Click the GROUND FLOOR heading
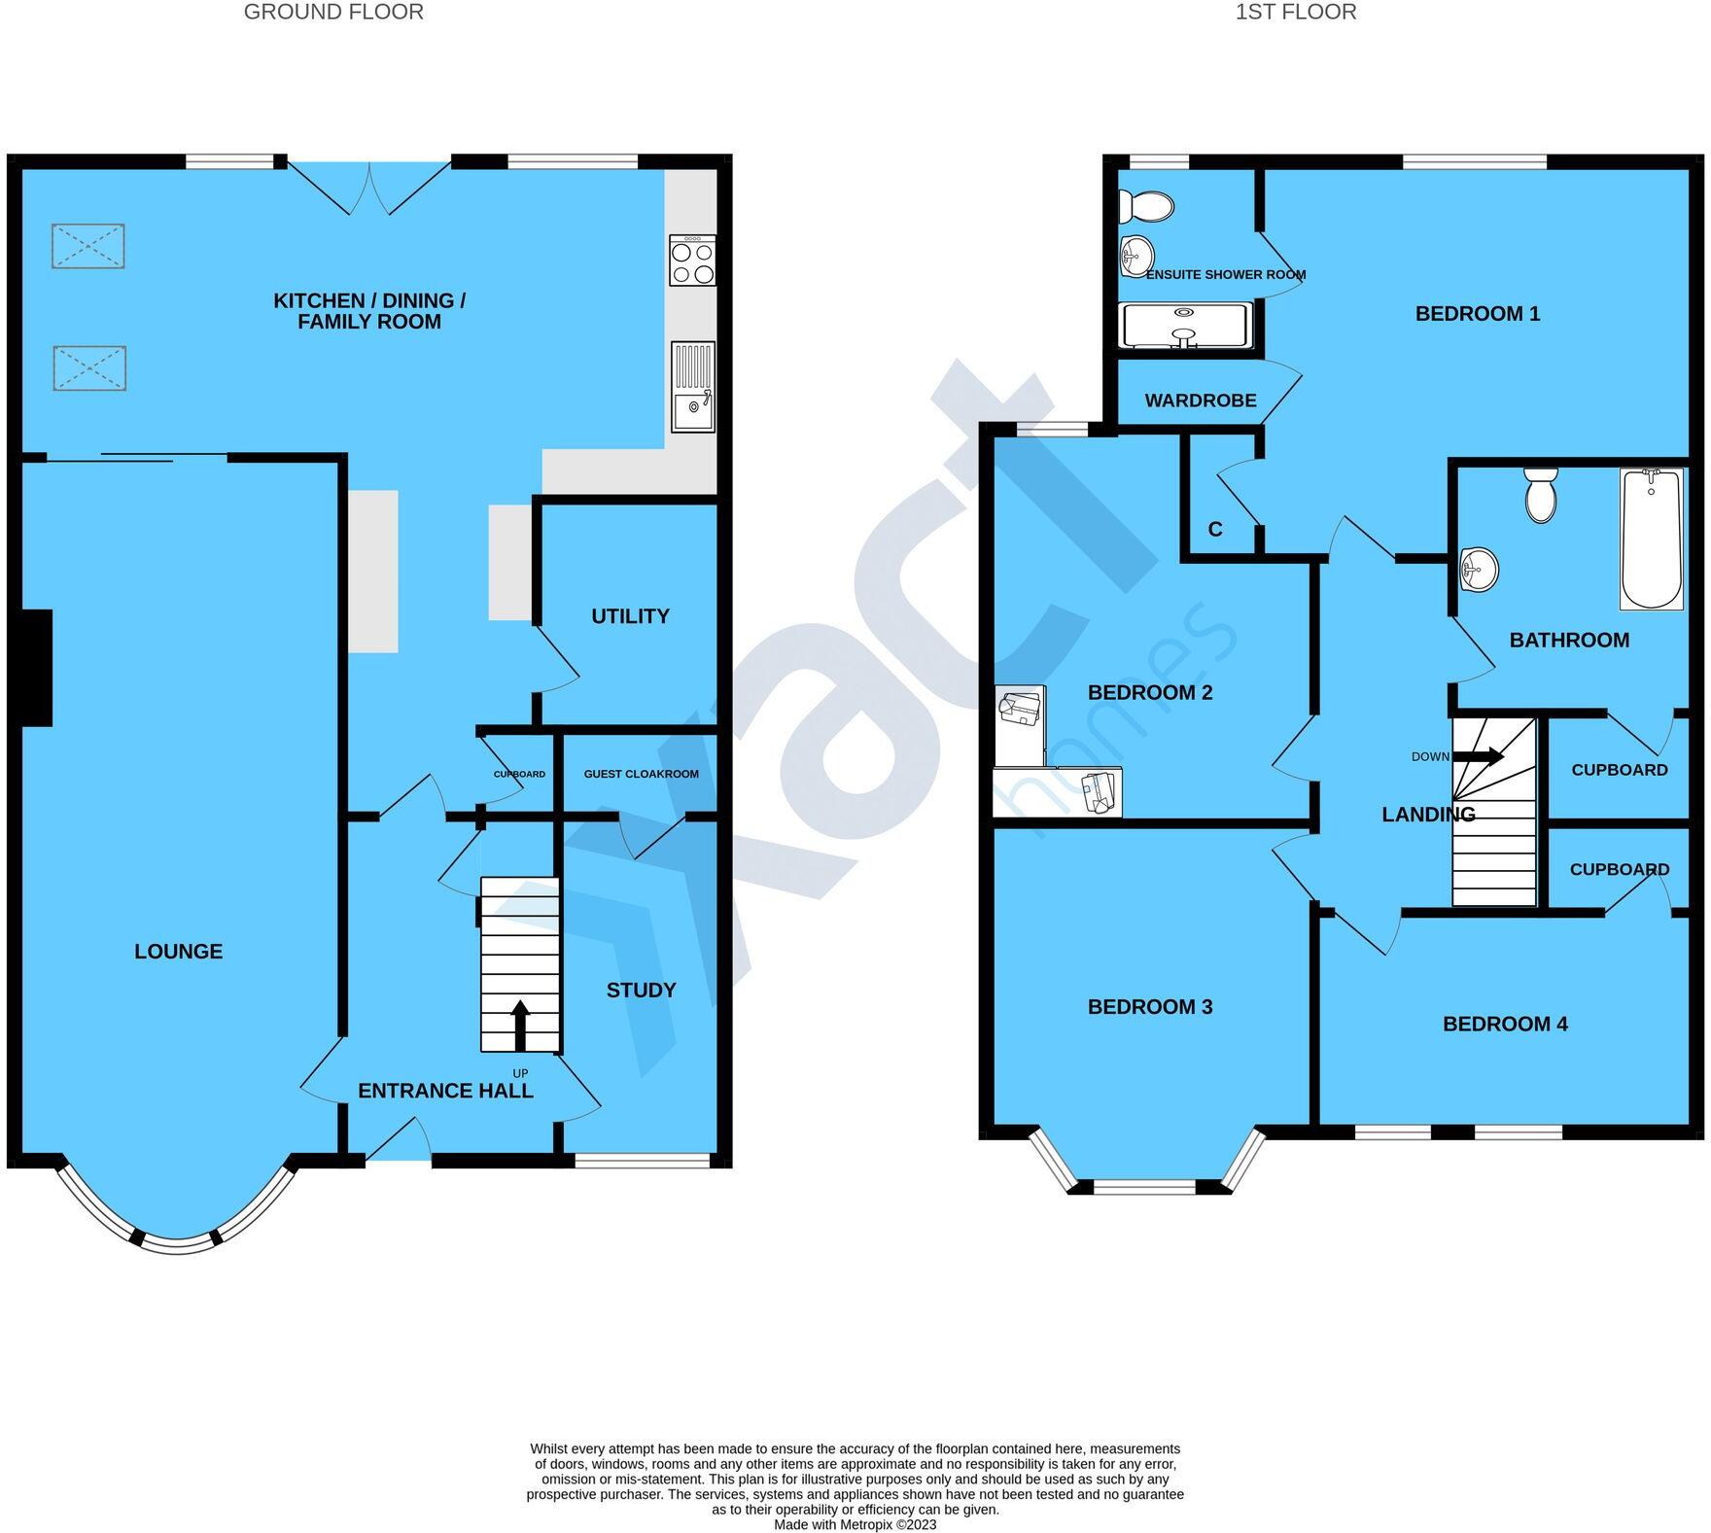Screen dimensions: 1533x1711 pyautogui.click(x=333, y=13)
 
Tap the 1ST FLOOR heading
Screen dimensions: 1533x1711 pyautogui.click(x=1296, y=13)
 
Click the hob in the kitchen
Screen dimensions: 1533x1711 pyautogui.click(x=692, y=261)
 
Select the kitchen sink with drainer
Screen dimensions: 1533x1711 pyautogui.click(x=692, y=386)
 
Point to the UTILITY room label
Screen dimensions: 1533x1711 pyautogui.click(x=630, y=616)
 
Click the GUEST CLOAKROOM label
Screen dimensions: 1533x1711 pyautogui.click(x=641, y=774)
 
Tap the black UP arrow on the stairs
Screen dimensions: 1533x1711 pyautogui.click(x=520, y=1025)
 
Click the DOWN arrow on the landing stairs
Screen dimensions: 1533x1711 pyautogui.click(x=1479, y=756)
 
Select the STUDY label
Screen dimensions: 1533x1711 pyautogui.click(x=641, y=991)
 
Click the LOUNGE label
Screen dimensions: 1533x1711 pyautogui.click(x=178, y=952)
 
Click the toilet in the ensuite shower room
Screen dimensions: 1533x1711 pyautogui.click(x=1146, y=206)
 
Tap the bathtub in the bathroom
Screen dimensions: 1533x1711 pyautogui.click(x=1651, y=539)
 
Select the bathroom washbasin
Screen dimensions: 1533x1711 pyautogui.click(x=1479, y=569)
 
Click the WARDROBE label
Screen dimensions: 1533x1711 pyautogui.click(x=1200, y=401)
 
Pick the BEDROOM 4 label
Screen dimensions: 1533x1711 pyautogui.click(x=1504, y=1024)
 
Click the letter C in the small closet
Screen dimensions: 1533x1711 pyautogui.click(x=1214, y=530)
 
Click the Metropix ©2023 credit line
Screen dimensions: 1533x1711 pyautogui.click(x=855, y=1524)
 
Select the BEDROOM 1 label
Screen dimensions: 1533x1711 pyautogui.click(x=1477, y=314)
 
